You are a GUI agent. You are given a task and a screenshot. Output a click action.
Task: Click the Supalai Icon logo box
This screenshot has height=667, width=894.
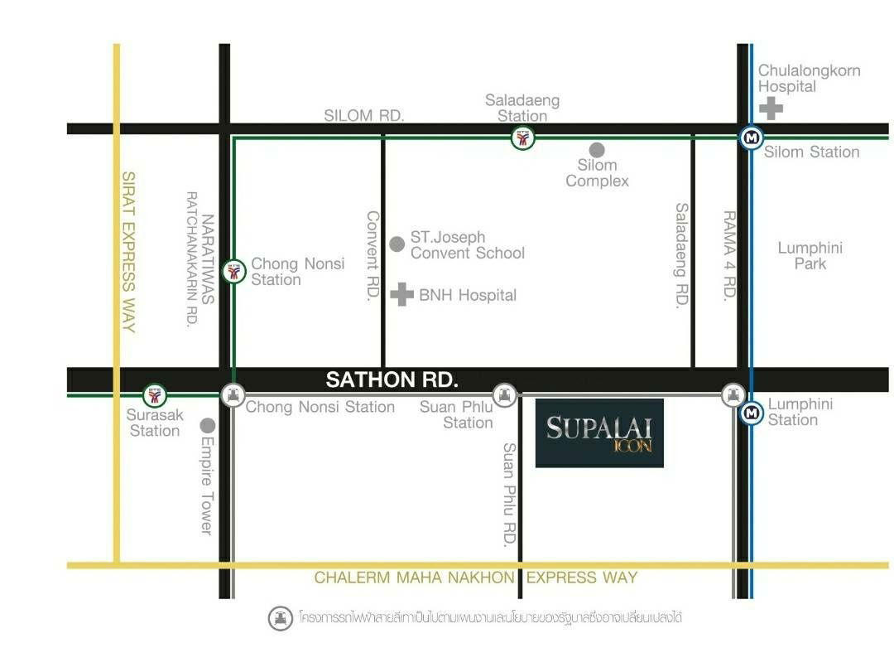[x=599, y=433]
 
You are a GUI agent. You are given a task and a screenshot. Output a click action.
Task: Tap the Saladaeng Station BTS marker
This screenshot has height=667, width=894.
[x=522, y=138]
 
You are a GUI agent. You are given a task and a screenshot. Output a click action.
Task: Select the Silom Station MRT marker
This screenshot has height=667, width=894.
[x=751, y=138]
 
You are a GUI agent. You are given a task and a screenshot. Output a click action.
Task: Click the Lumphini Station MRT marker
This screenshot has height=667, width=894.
[x=751, y=413]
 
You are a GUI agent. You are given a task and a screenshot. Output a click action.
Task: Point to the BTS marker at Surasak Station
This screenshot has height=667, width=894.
[x=155, y=395]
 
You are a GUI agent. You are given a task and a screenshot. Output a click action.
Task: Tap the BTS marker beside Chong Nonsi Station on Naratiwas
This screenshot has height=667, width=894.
[x=235, y=271]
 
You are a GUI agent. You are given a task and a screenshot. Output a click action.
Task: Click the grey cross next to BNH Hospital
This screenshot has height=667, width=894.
[x=402, y=294]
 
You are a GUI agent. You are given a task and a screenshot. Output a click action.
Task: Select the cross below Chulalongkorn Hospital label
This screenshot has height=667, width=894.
[x=771, y=108]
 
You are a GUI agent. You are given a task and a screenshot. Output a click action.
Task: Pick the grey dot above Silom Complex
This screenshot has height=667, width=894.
[x=597, y=149]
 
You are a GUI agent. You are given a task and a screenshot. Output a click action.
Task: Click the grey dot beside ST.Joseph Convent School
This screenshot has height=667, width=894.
[x=397, y=244]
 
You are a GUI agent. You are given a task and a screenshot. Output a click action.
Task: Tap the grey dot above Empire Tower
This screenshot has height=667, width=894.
[x=208, y=425]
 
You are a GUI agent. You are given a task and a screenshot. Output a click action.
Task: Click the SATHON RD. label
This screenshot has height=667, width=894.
[x=392, y=380]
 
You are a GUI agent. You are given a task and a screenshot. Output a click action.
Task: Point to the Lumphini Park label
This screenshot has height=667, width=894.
[x=810, y=255]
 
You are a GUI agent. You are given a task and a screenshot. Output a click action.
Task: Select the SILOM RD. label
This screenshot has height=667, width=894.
[x=364, y=116]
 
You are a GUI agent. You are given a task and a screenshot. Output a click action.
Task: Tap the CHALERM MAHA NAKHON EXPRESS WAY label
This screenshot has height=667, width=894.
[x=476, y=578]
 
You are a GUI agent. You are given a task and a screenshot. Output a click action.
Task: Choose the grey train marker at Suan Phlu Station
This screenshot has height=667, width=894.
[x=504, y=394]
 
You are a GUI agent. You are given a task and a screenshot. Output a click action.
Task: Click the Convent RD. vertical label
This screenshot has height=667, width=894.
[x=372, y=256]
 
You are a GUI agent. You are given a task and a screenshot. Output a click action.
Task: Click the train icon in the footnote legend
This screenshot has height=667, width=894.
[x=281, y=618]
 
